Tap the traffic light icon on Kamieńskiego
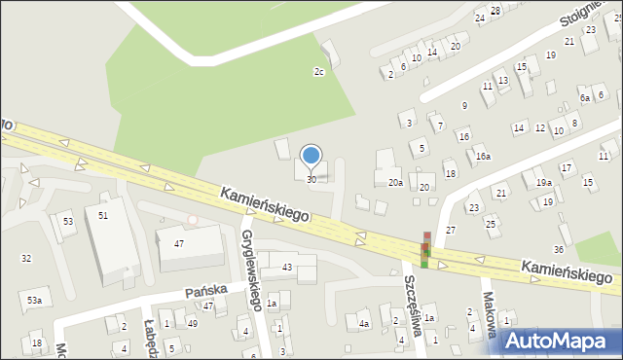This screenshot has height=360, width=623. click(x=425, y=251)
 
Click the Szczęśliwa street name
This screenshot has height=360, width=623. click(x=412, y=304)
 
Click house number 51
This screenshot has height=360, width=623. click(x=102, y=215)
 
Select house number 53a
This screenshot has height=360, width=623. click(x=34, y=301)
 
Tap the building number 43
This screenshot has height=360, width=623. click(x=287, y=267)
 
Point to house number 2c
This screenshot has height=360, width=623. click(x=318, y=71)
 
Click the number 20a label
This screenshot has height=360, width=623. click(x=395, y=182)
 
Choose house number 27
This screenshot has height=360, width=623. click(x=451, y=230)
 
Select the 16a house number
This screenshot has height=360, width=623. click(x=483, y=156)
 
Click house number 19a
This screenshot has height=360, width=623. click(x=542, y=182)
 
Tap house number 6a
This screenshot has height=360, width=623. click(x=585, y=98)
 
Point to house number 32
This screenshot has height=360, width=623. click(x=26, y=258)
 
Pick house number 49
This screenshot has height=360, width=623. click(x=193, y=323)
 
